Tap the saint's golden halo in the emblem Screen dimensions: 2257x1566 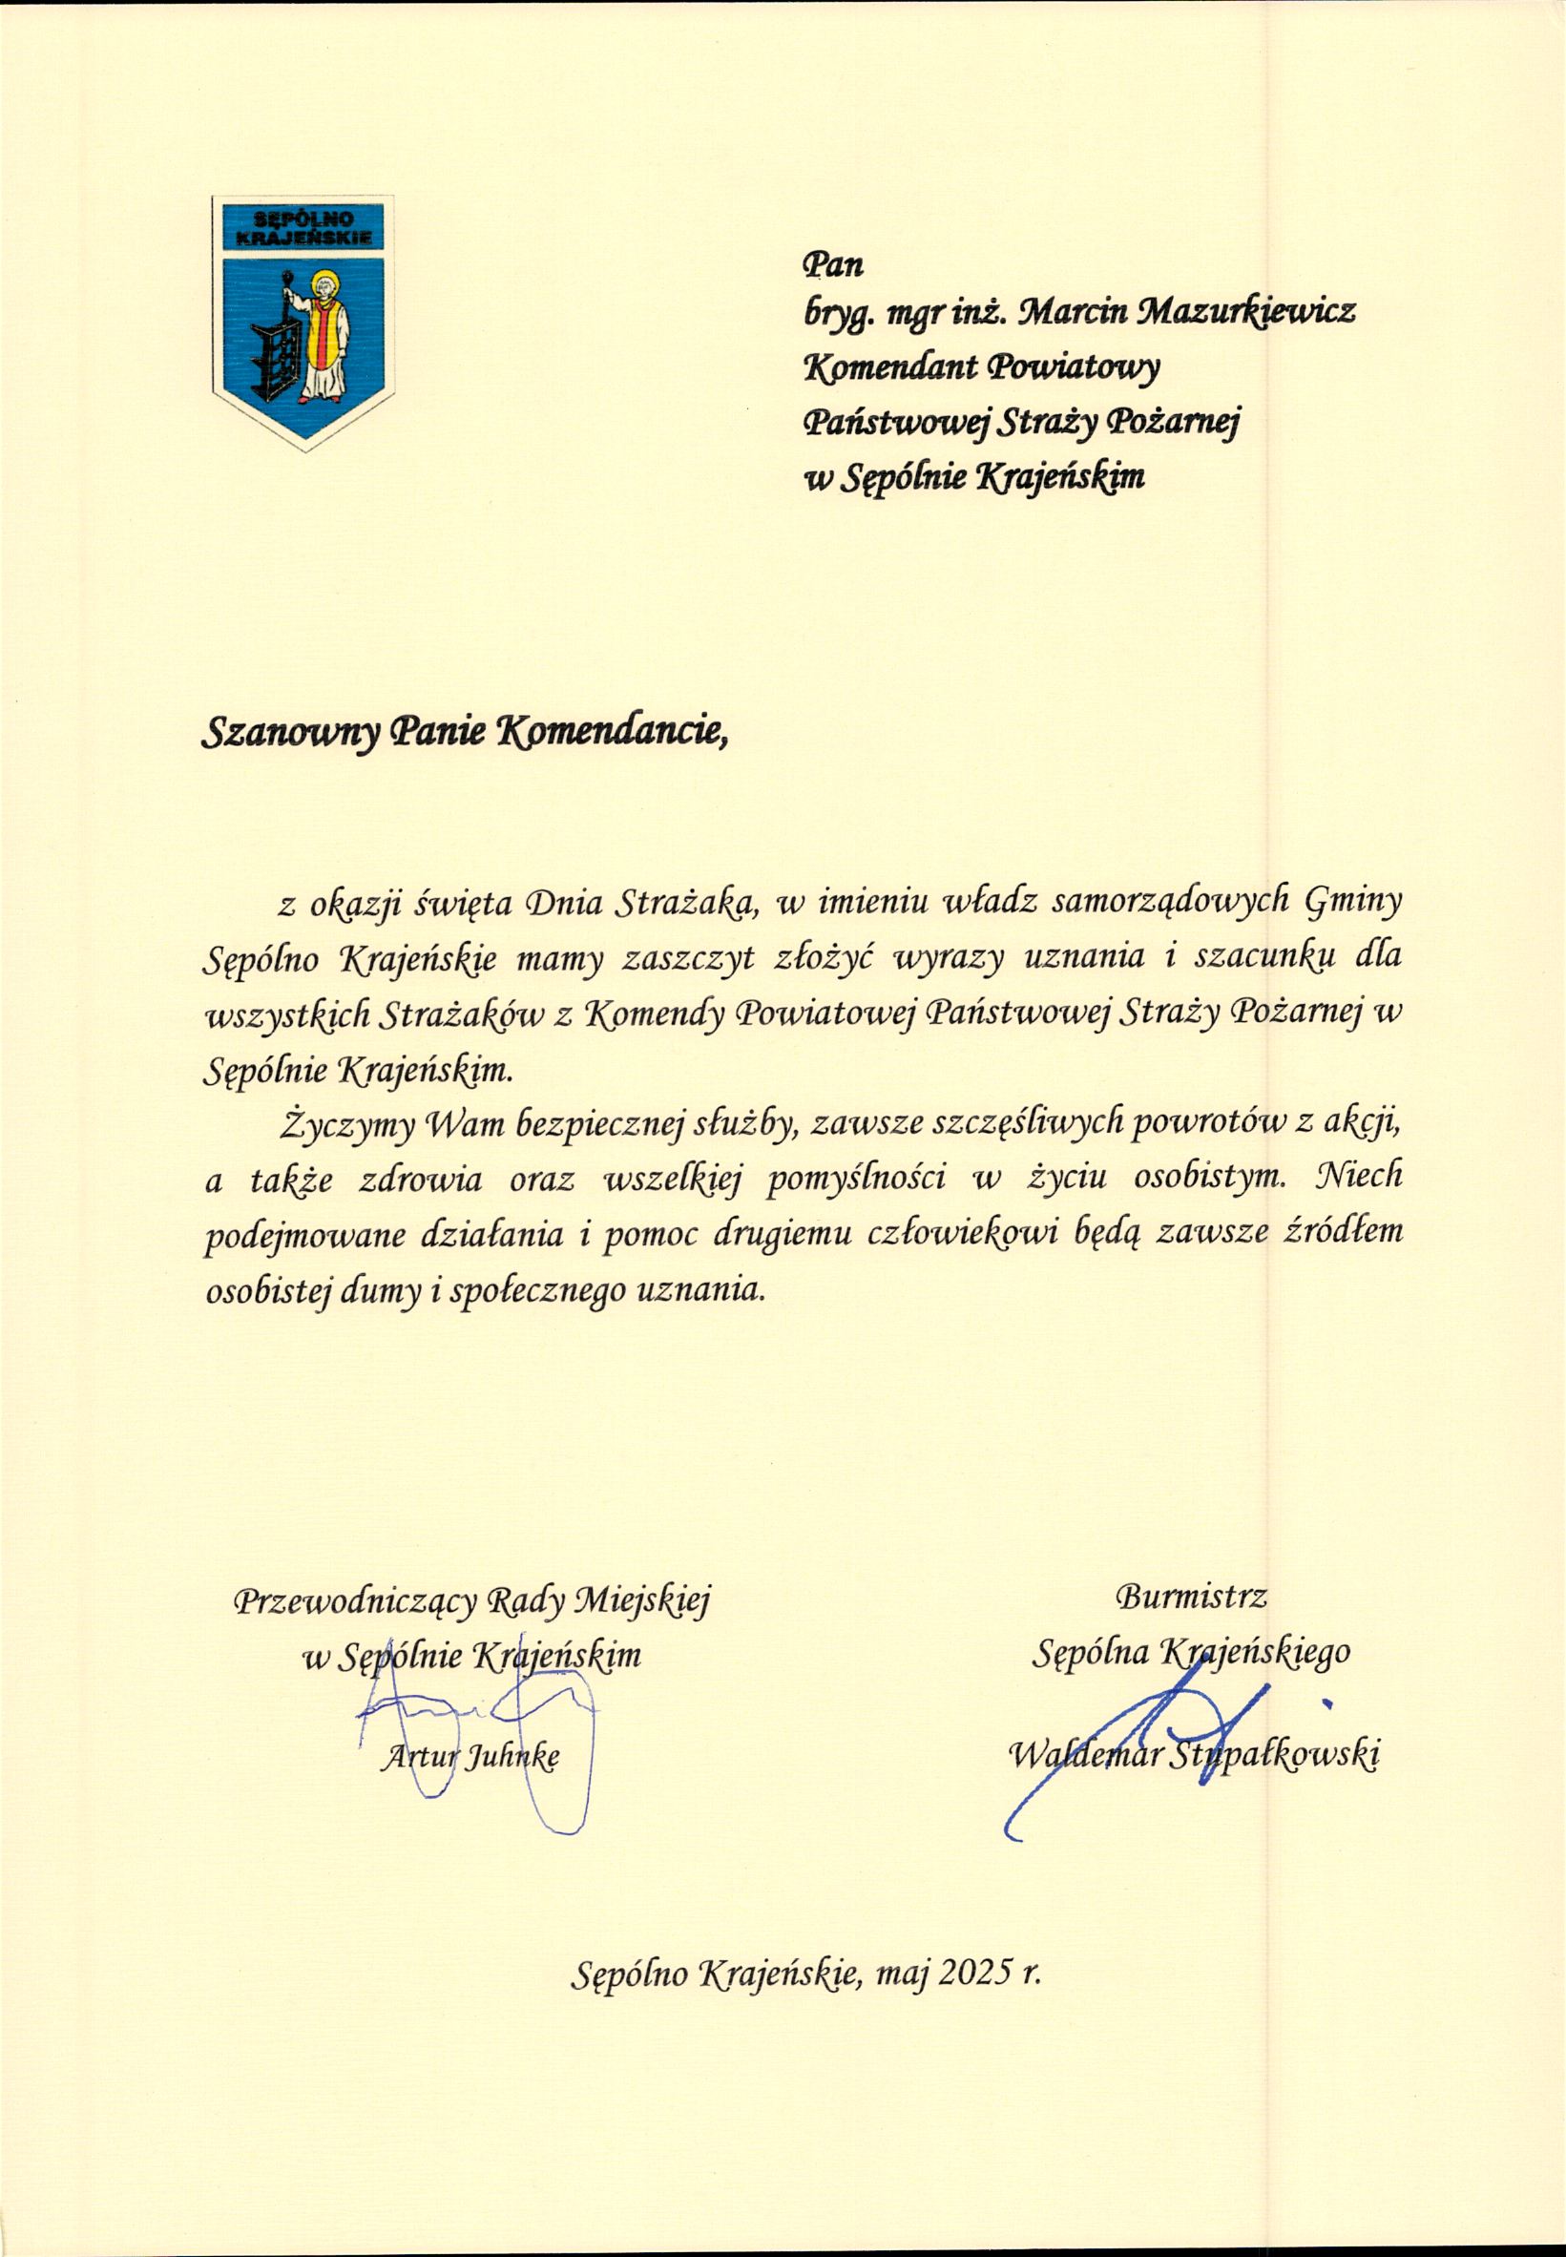point(324,286)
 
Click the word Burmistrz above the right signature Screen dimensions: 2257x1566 point(1191,1597)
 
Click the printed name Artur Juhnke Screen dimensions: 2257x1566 point(469,1758)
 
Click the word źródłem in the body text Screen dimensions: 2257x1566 point(1344,1231)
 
